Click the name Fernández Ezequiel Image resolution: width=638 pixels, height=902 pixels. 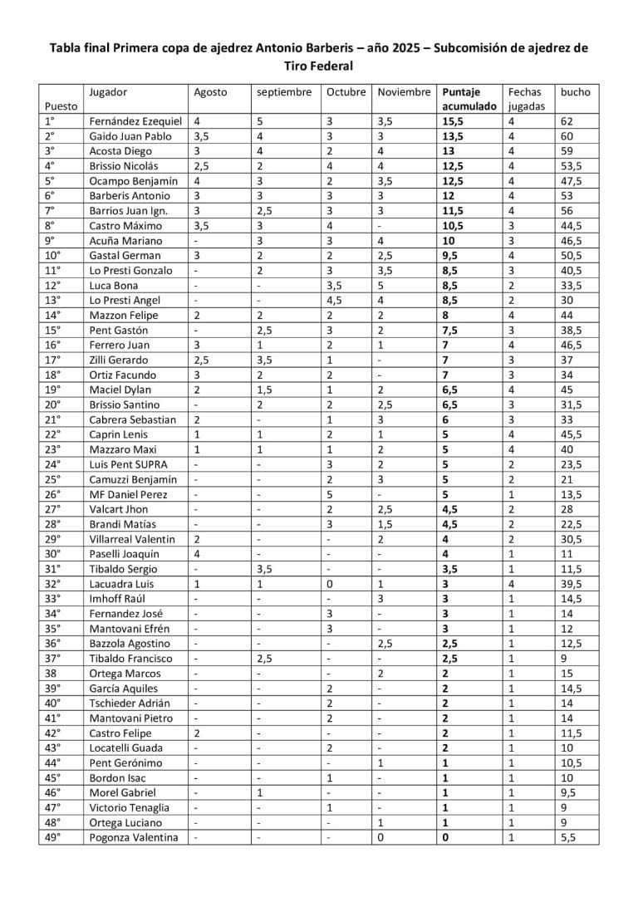coord(135,121)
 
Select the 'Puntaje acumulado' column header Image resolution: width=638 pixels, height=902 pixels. coord(469,99)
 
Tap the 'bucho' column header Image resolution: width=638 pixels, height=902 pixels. coord(576,92)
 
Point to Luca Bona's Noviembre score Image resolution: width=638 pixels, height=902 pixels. coord(382,286)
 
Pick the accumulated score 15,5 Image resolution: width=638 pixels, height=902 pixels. coord(454,121)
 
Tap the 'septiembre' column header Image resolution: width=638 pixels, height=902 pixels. coord(283,92)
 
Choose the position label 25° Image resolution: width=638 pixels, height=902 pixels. coord(49,480)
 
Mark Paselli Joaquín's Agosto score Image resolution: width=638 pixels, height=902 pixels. coord(197,555)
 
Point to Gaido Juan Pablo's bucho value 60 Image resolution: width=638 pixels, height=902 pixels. coord(568,136)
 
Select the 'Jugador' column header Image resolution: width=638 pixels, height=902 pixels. coord(107,92)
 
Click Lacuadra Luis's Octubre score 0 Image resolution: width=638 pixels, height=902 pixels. coord(330,585)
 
